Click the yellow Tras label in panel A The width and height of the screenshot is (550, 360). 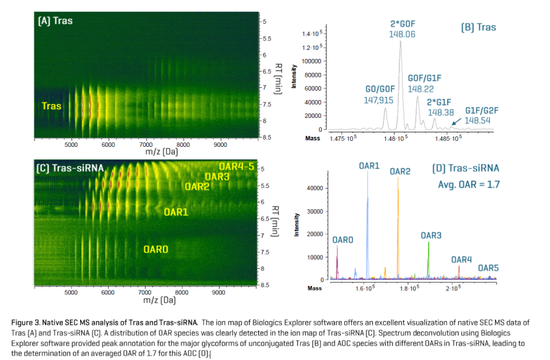(51, 106)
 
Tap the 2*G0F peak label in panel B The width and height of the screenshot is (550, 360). (402, 24)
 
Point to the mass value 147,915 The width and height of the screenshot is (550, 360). (379, 101)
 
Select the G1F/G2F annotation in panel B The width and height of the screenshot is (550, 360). (482, 111)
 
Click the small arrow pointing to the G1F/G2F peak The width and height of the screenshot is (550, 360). (456, 121)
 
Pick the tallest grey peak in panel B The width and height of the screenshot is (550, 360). (400, 84)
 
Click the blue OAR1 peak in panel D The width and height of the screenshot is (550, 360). (367, 224)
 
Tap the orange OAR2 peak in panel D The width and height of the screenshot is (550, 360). (398, 228)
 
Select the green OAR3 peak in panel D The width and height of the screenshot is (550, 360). (428, 259)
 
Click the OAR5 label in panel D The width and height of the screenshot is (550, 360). (488, 268)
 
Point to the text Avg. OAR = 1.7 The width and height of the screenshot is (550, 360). (469, 185)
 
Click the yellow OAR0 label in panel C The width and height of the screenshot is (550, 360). (156, 249)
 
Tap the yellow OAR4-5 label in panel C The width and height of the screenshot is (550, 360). (236, 166)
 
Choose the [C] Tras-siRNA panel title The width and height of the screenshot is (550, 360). (70, 169)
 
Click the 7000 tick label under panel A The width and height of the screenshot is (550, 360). (146, 144)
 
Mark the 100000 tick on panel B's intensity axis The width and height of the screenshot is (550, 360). (312, 61)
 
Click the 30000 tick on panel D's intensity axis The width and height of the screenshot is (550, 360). (315, 211)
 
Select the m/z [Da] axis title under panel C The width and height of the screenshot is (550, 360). (160, 300)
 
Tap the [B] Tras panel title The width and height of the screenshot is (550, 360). (479, 27)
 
